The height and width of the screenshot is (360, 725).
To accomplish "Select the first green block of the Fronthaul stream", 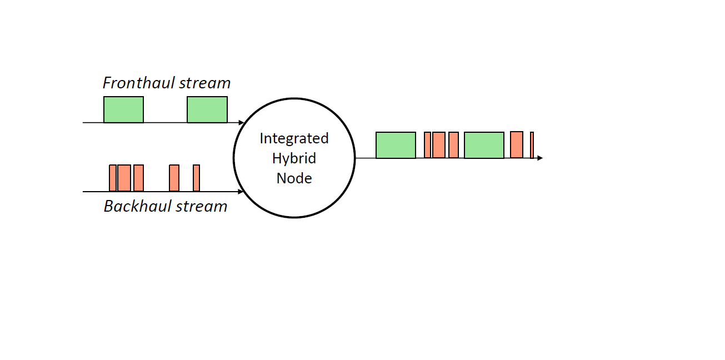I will point(123,109).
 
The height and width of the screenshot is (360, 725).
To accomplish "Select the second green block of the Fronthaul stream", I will point(207,109).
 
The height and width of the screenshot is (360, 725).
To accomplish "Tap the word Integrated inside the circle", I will point(294,138).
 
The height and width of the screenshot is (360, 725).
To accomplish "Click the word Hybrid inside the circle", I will point(294,158).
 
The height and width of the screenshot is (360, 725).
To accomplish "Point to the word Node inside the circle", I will point(294,178).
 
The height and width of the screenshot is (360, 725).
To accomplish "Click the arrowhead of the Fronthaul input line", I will point(241,122).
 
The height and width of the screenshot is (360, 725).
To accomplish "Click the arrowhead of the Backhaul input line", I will point(241,192).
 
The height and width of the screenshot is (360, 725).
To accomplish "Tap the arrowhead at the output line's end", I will point(539,158).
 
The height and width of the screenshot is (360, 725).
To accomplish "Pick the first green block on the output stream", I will point(396,145).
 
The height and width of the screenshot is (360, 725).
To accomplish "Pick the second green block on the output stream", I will point(484,145).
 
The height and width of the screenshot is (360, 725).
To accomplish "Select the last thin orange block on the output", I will point(532,145).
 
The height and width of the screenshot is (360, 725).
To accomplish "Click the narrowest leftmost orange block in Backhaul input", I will point(113,178).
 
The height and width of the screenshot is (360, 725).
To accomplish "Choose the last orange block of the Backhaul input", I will point(196,178).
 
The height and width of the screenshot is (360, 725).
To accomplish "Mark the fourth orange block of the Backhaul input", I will point(174,178).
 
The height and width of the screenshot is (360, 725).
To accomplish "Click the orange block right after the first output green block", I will point(427,145).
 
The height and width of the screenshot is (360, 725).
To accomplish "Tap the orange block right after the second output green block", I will point(516,144).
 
